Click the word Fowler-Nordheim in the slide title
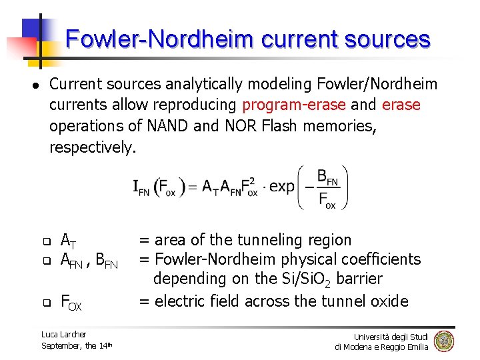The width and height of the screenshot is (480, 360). pos(159,39)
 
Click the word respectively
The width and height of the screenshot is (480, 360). pos(93,147)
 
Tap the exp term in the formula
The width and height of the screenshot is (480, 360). pos(282,187)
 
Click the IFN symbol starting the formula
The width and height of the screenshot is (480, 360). pos(141,188)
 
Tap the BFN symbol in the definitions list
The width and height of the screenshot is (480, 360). pos(107,261)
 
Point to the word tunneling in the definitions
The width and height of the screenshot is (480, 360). pos(260,240)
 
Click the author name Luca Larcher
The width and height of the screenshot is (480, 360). pos(63,334)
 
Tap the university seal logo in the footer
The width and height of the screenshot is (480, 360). pos(443,341)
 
